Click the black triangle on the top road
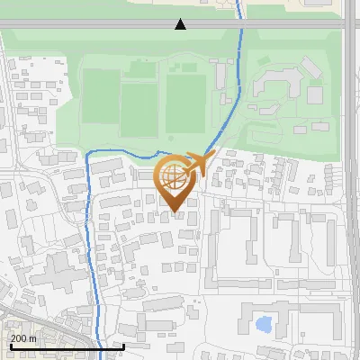(x=180, y=24)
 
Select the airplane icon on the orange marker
(x=199, y=163)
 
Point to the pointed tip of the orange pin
(x=175, y=212)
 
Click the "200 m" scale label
(x=23, y=337)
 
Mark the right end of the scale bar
(x=123, y=346)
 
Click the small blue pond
(x=264, y=323)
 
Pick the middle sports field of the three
(x=139, y=103)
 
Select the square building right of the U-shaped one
(x=315, y=94)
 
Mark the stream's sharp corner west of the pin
(x=88, y=154)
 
